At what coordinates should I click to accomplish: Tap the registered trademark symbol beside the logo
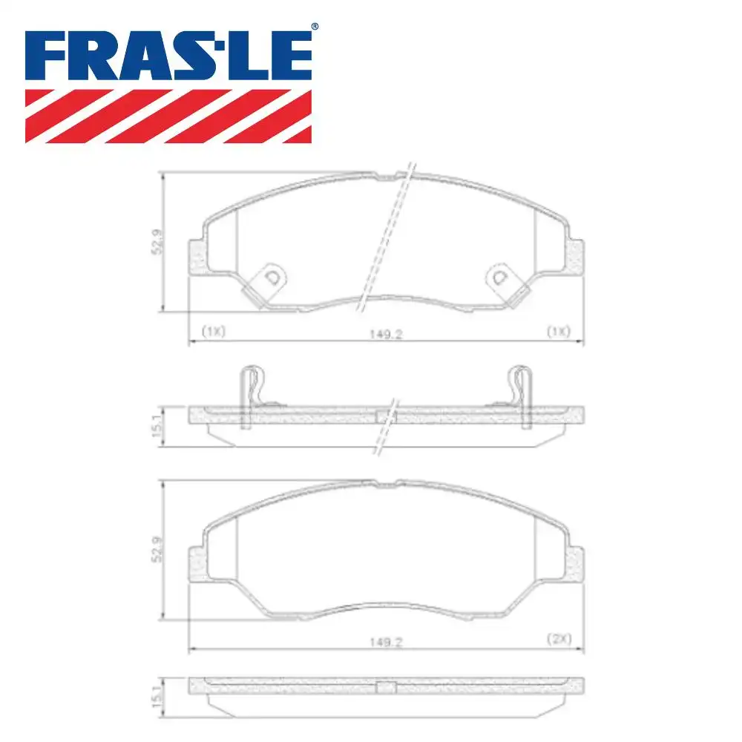click(314, 27)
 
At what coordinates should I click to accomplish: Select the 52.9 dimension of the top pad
click(157, 242)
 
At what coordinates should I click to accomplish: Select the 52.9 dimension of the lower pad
click(157, 549)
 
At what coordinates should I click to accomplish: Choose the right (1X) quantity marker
click(557, 332)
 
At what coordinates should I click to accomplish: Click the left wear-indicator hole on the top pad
click(272, 278)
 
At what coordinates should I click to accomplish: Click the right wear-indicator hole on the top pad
click(499, 278)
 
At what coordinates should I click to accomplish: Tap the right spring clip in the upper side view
click(522, 397)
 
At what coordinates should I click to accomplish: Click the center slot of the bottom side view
click(386, 687)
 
